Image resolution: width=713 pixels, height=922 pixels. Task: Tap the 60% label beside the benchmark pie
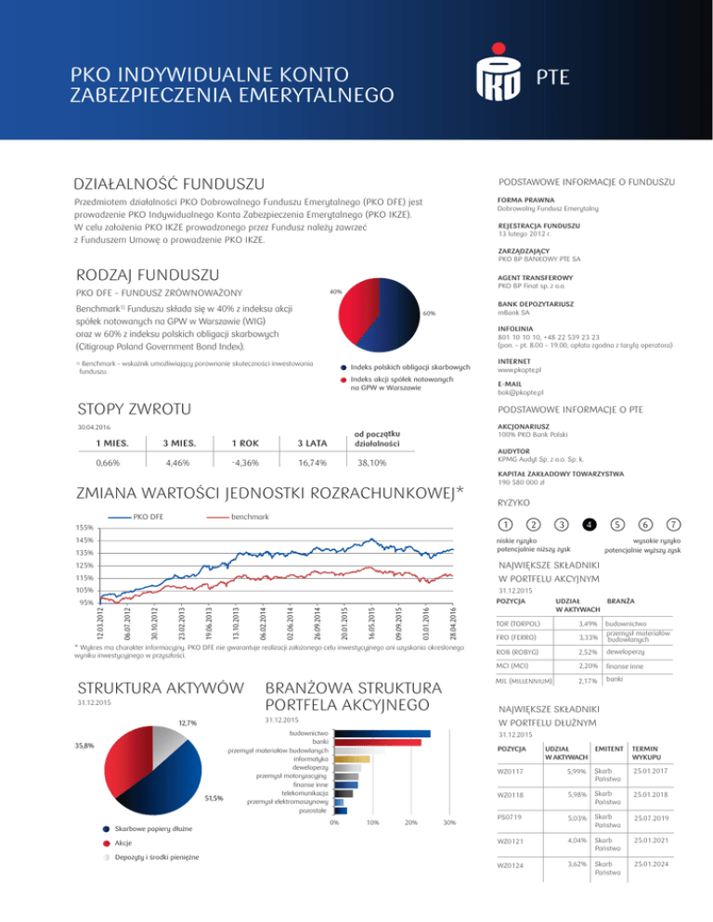tap(428, 314)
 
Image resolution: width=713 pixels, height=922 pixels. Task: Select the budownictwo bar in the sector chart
tap(382, 732)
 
